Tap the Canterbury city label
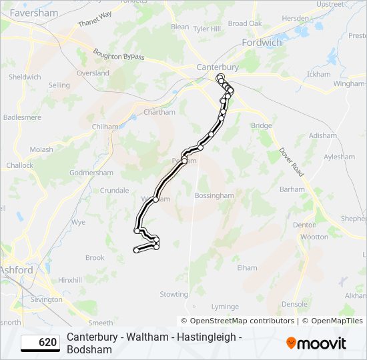pos(218,67)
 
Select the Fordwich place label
pos(262,43)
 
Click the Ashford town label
pos(16,270)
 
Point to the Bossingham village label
pos(214,196)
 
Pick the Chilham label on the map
pos(105,127)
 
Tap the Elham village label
pos(247,268)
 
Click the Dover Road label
pos(292,162)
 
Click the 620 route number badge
pos(41,343)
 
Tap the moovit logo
pos(316,343)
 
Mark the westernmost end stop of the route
pos(135,250)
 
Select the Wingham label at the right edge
pos(349,85)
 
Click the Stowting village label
pos(173,294)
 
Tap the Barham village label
pos(292,189)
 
